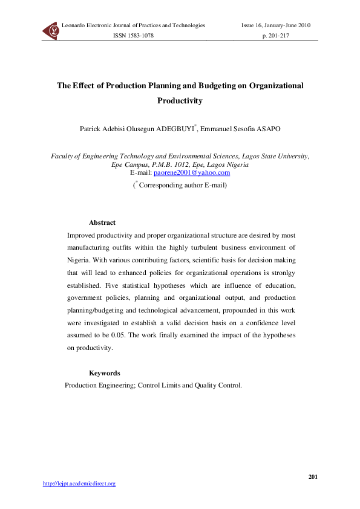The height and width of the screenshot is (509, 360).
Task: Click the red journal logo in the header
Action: pos(51,30)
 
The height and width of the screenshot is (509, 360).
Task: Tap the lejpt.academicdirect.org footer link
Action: pos(79,483)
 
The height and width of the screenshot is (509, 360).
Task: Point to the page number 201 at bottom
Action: pos(313,477)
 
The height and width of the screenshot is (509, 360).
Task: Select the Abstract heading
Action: pos(102,223)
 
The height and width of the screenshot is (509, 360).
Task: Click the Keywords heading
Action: pos(104,373)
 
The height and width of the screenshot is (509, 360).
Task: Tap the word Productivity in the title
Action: pos(180,101)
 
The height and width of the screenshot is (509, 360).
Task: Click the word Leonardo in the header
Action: pos(74,25)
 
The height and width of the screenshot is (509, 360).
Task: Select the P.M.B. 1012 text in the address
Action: pos(177,164)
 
